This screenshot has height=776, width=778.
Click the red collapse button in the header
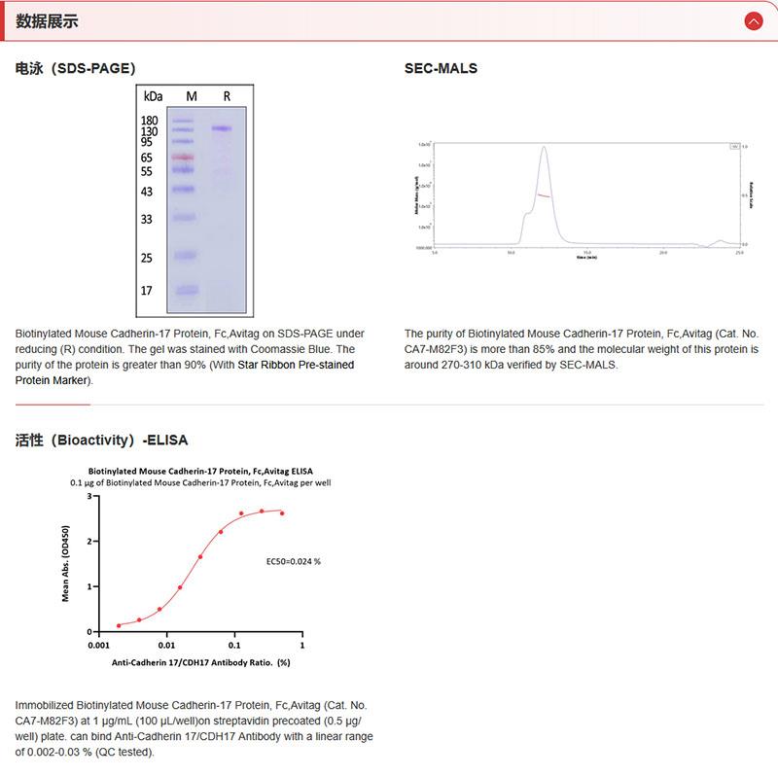click(x=753, y=20)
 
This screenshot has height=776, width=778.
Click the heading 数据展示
click(x=47, y=20)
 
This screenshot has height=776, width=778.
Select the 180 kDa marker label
click(x=149, y=120)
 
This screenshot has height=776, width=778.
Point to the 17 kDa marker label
click(x=146, y=290)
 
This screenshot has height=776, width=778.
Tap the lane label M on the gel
click(x=192, y=96)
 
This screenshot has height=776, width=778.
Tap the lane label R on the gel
click(x=227, y=96)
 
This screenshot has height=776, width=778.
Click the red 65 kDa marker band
click(x=184, y=157)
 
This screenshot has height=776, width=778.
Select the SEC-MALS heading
click(x=441, y=68)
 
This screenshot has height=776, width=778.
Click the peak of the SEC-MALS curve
click(x=544, y=147)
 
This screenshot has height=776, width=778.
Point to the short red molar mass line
click(x=544, y=195)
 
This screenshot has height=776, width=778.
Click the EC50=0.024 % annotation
click(x=294, y=561)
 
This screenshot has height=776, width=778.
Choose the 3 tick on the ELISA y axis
click(x=88, y=496)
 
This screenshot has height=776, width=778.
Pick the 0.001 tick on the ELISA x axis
click(x=99, y=645)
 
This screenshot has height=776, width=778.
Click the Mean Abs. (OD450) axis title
click(x=66, y=563)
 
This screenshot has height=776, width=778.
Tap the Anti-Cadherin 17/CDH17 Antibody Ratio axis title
click(x=200, y=662)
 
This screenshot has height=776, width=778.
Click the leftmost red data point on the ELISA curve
click(x=119, y=625)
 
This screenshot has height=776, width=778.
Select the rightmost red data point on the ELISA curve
click(x=282, y=512)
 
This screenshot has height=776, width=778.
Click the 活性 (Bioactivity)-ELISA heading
click(x=101, y=440)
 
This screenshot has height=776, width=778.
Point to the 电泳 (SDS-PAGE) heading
click(x=75, y=68)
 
